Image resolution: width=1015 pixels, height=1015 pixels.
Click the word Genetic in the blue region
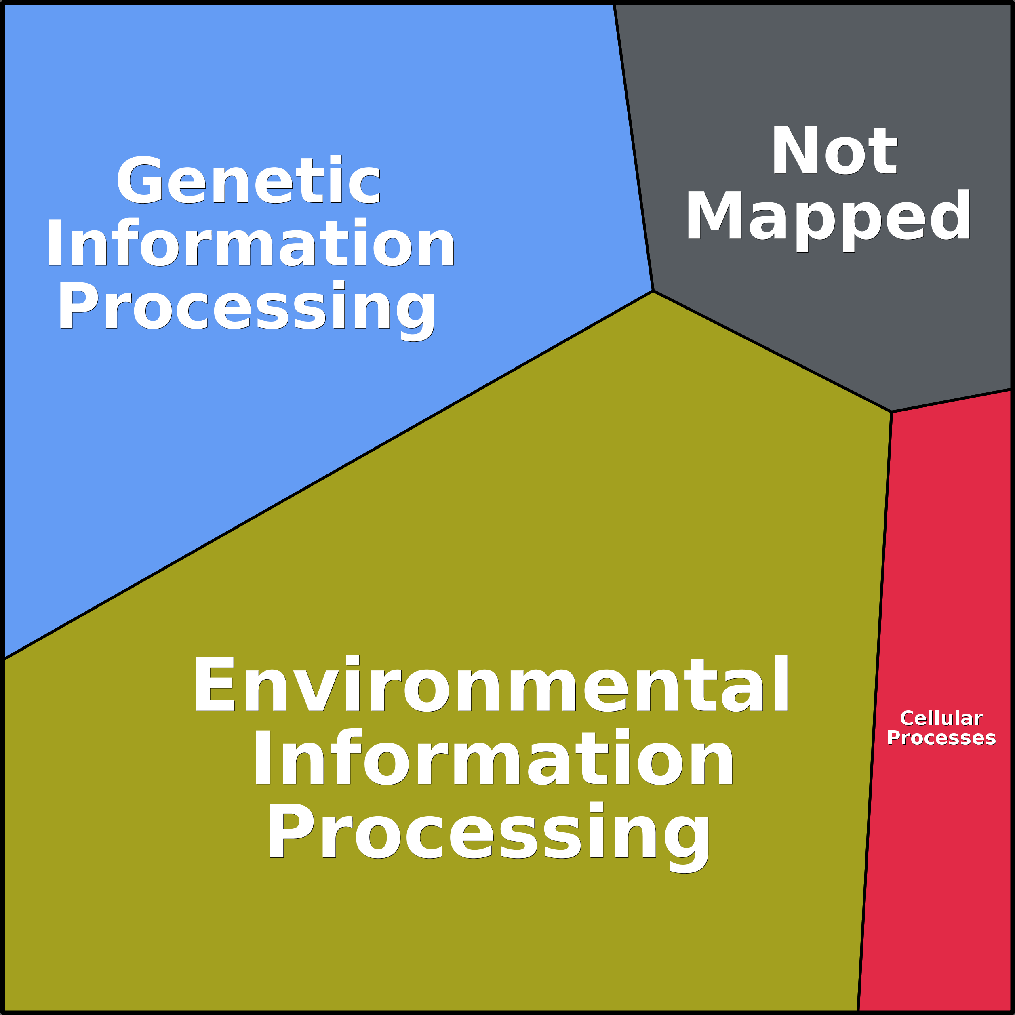click(248, 179)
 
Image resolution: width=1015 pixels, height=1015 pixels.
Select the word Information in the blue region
click(251, 242)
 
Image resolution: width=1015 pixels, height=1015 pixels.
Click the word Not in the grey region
click(834, 150)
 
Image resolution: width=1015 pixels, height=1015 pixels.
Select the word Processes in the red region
click(941, 738)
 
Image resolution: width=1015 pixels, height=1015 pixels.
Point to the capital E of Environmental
click(214, 684)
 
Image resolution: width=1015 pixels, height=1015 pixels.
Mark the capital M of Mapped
click(714, 215)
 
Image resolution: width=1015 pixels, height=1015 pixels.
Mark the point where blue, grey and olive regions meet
click(653, 291)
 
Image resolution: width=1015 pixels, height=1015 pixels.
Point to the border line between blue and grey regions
click(634, 147)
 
